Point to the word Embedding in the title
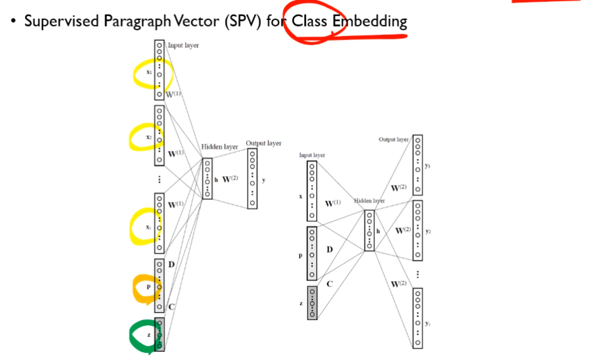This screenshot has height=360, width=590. click(x=369, y=21)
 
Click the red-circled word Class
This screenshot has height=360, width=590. click(x=310, y=21)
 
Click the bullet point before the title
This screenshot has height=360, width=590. click(x=12, y=21)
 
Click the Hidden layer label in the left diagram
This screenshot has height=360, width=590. click(x=220, y=147)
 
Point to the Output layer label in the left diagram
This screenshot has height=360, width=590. click(x=263, y=143)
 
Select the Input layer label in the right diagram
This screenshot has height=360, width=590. click(x=312, y=155)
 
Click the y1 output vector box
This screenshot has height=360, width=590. click(x=418, y=165)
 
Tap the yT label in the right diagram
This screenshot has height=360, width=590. click(x=429, y=317)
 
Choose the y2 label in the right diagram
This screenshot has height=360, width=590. click(x=429, y=230)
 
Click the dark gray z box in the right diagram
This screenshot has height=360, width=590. click(x=312, y=302)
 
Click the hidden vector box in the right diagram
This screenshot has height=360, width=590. click(x=369, y=230)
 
